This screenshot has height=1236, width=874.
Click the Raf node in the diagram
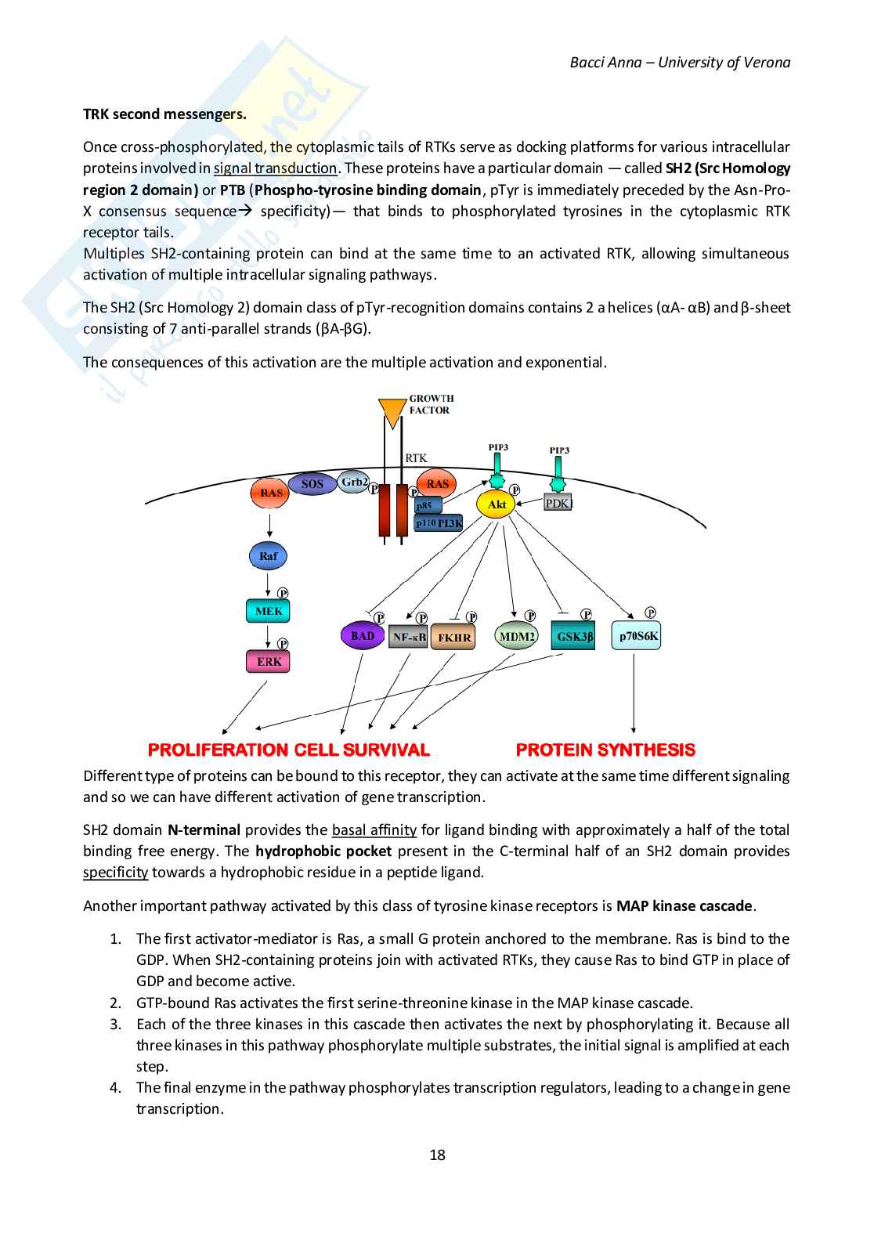268,556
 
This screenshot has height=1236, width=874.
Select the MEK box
268,611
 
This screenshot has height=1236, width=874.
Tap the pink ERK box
269,662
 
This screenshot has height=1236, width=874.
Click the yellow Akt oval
497,504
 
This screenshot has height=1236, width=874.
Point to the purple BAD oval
363,636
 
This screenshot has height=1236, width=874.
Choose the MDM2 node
517,637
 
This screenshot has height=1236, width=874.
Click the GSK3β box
573,637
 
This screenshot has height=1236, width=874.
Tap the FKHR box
454,638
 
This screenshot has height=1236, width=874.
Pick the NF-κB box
409,637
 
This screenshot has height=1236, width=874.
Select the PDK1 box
558,504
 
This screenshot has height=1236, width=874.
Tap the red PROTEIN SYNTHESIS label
605,750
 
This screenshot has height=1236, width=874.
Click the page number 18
437,1155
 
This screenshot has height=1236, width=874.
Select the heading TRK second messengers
164,114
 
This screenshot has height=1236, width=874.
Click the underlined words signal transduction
275,168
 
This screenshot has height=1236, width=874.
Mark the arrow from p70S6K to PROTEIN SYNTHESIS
634,693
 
